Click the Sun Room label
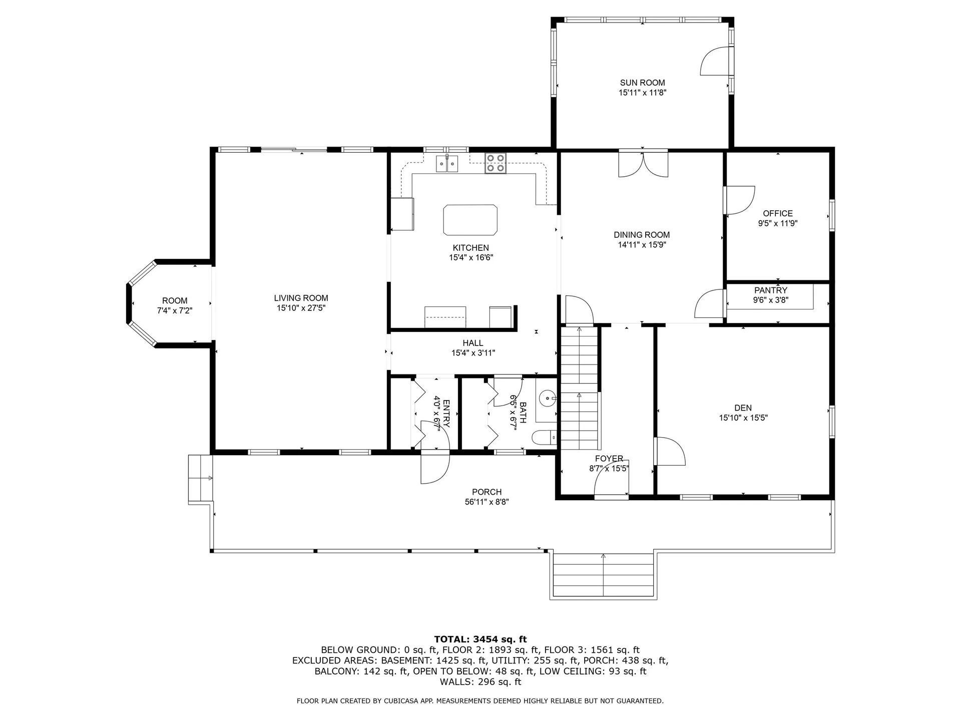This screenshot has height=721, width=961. (642, 83)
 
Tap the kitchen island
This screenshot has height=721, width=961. (470, 220)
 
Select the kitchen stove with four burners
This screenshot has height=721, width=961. (495, 163)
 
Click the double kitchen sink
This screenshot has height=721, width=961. (446, 164)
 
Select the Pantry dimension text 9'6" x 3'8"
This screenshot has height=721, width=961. (770, 300)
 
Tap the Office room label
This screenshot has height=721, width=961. (777, 213)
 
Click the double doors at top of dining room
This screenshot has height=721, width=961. (643, 164)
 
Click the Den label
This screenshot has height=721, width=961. (743, 408)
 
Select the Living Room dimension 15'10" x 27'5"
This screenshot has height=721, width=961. (301, 308)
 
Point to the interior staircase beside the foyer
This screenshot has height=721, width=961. (580, 388)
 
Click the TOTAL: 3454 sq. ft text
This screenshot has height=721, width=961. (480, 639)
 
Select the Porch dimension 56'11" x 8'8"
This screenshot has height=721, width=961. (487, 502)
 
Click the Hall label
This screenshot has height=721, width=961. (472, 343)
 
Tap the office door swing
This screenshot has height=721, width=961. (740, 200)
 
